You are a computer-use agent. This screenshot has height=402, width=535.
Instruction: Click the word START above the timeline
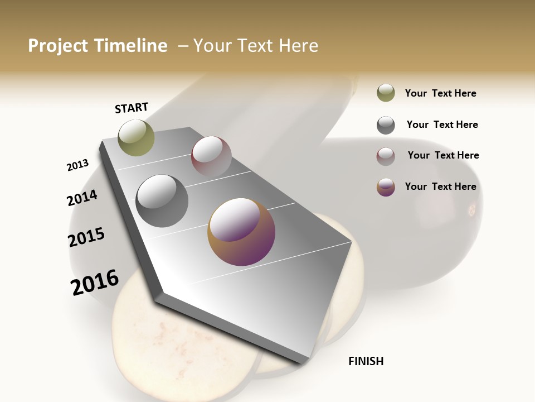tap(132, 108)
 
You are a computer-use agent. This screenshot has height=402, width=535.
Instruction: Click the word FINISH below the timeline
tap(366, 361)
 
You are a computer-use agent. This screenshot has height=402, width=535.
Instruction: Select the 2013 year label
tap(77, 165)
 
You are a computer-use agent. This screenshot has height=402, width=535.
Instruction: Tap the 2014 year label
tap(82, 198)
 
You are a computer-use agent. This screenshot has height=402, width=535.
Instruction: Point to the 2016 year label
tap(95, 283)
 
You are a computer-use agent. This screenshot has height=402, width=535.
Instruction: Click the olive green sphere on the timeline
tap(136, 137)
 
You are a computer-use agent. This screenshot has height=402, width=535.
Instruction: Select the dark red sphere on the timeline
tap(211, 157)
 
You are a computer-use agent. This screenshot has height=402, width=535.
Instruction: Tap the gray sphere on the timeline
tap(162, 201)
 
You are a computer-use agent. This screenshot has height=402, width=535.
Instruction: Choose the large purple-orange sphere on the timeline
tap(241, 232)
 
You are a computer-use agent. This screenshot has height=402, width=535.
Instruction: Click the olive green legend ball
tap(386, 93)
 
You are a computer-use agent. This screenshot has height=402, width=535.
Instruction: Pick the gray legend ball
tap(386, 125)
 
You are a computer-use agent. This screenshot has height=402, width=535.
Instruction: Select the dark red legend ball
tap(386, 156)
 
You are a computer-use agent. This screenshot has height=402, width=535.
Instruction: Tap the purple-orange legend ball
tap(386, 187)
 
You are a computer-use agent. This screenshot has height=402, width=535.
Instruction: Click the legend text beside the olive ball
tap(440, 93)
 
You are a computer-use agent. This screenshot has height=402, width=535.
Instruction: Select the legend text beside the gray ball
tap(442, 125)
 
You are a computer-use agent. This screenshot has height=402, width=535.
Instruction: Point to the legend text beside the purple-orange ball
tap(440, 186)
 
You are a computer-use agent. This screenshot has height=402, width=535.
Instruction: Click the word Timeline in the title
tap(132, 46)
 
